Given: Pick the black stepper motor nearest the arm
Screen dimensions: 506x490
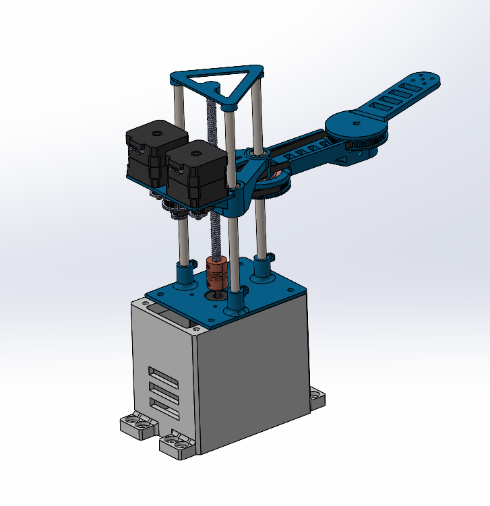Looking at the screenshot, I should (x=195, y=172).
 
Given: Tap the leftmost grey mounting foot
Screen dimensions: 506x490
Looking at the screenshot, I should (x=135, y=425).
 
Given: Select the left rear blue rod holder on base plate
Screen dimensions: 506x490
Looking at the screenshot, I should (x=183, y=274).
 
